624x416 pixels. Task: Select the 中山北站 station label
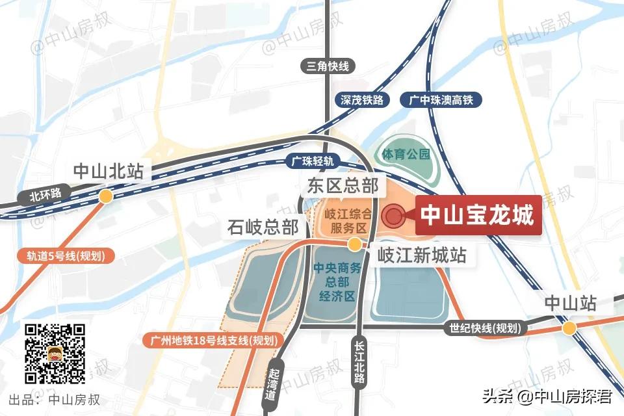(108, 171)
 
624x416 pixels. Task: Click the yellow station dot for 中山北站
(105, 196)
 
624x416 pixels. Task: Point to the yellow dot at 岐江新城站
(355, 244)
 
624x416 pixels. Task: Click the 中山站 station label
(570, 304)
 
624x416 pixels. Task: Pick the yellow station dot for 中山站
(569, 328)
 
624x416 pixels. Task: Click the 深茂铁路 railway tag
(363, 100)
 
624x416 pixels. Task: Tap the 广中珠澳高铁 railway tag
(445, 100)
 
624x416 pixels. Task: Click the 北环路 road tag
(45, 194)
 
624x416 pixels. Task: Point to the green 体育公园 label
(406, 155)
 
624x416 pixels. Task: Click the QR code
(55, 353)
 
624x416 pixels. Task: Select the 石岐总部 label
(263, 227)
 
